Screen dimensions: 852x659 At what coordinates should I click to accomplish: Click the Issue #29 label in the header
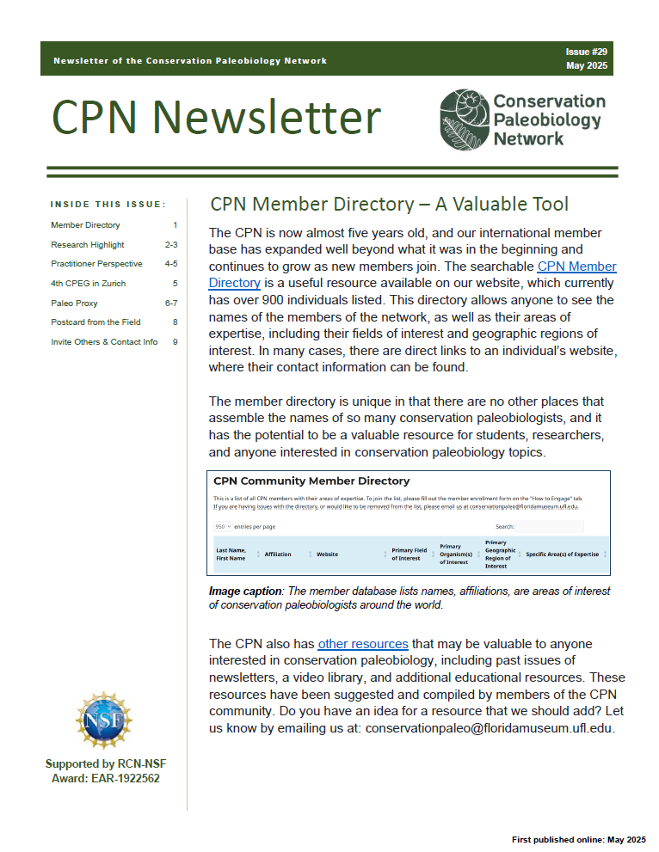(x=587, y=52)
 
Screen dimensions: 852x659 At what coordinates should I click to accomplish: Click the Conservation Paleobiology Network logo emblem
(x=464, y=119)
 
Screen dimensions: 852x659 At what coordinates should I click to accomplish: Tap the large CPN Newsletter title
(x=216, y=118)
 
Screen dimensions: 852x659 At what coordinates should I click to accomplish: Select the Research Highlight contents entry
(x=87, y=245)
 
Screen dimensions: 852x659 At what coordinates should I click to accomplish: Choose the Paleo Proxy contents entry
(x=74, y=303)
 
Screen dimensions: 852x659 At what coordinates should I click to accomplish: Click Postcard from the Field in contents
(x=95, y=322)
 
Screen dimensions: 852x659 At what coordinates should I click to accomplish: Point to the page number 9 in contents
(x=176, y=341)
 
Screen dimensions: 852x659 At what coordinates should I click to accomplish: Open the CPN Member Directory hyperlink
(x=576, y=267)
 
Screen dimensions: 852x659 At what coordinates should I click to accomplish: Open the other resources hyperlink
(x=362, y=644)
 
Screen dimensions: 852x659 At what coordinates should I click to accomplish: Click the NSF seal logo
(x=104, y=720)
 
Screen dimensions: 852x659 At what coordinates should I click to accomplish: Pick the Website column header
(x=327, y=555)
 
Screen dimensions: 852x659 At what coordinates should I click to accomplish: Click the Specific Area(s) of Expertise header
(x=562, y=555)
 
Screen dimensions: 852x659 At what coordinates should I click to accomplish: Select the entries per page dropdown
(x=224, y=526)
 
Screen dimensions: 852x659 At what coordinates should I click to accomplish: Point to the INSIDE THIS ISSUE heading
(x=108, y=205)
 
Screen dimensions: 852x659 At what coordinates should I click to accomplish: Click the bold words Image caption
(x=245, y=591)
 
